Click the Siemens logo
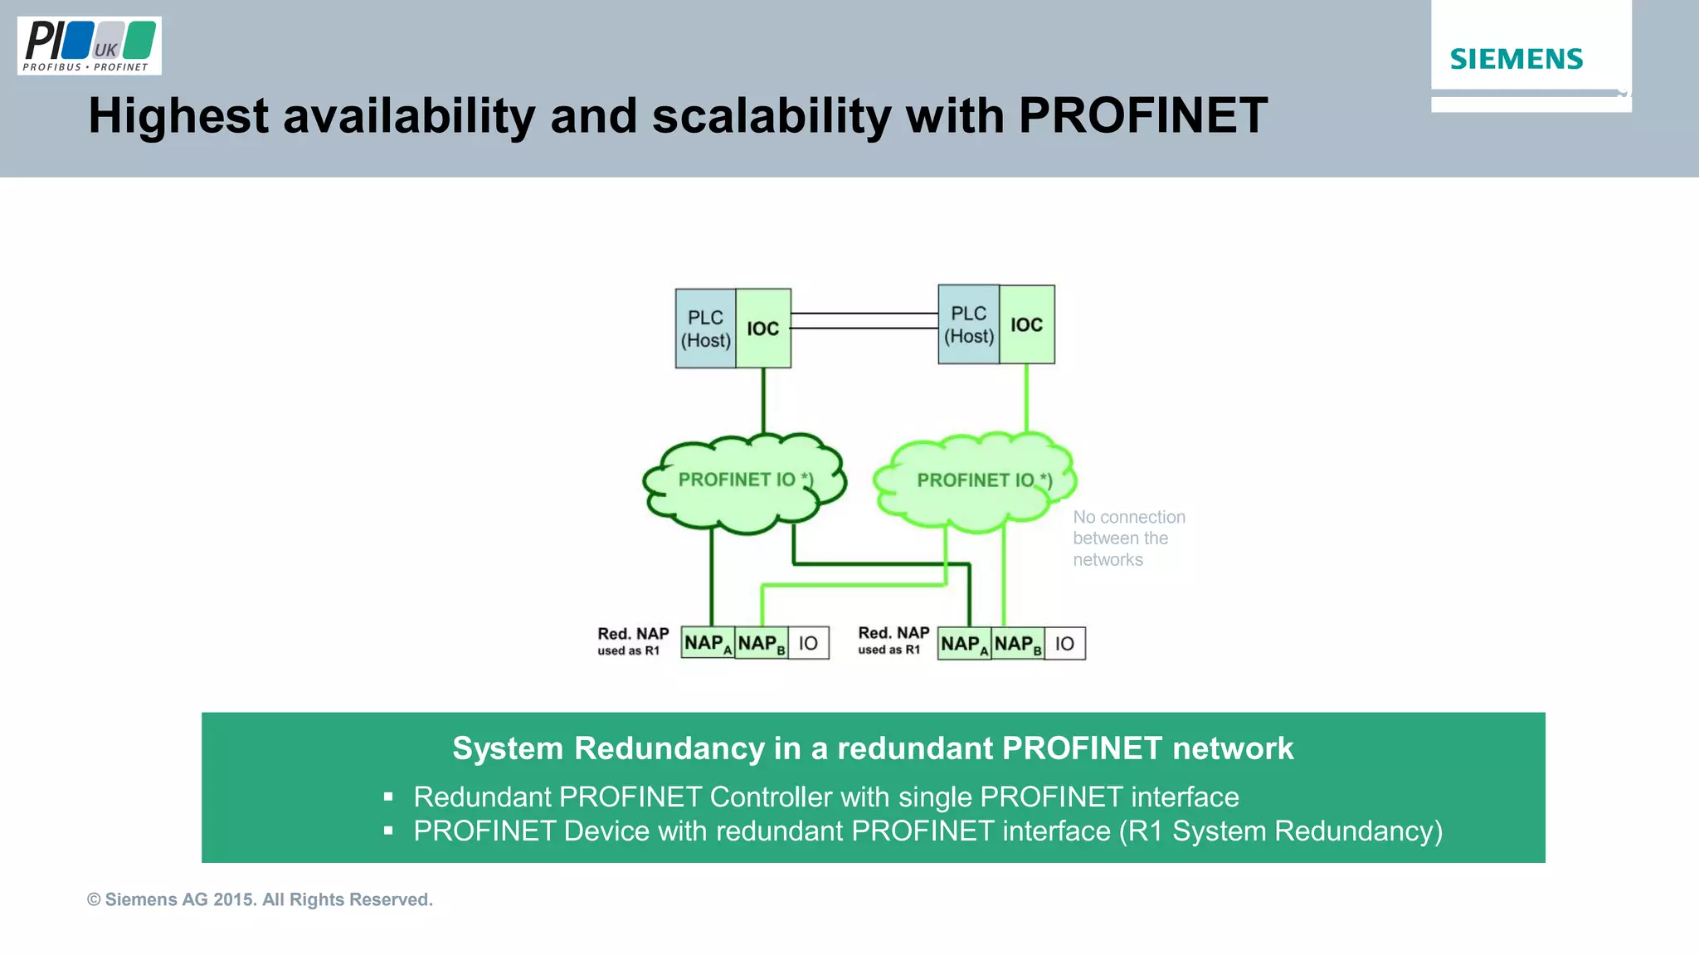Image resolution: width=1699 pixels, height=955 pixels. click(x=1516, y=59)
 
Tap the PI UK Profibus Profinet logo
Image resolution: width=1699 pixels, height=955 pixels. click(x=89, y=46)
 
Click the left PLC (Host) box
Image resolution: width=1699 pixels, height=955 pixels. click(x=705, y=329)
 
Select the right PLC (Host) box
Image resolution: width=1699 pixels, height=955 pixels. click(x=968, y=324)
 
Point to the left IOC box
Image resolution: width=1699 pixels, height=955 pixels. click(x=763, y=329)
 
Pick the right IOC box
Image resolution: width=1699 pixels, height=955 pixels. click(x=1026, y=324)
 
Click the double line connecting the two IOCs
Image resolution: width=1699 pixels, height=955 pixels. click(x=864, y=321)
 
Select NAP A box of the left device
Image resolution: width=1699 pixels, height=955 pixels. click(x=707, y=643)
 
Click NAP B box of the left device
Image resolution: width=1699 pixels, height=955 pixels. click(x=761, y=643)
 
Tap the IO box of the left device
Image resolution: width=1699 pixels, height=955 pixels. click(x=808, y=643)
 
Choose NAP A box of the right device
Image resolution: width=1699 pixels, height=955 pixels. click(x=964, y=644)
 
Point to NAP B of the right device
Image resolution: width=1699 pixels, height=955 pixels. click(x=1017, y=644)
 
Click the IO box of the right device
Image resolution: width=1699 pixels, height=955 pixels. click(x=1064, y=644)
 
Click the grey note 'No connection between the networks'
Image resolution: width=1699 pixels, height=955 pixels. click(x=1128, y=538)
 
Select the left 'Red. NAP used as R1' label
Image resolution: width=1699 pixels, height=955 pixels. click(x=632, y=641)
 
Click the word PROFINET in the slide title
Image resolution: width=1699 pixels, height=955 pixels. click(x=1142, y=115)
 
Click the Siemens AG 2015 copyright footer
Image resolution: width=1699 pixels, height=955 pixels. click(x=260, y=899)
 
